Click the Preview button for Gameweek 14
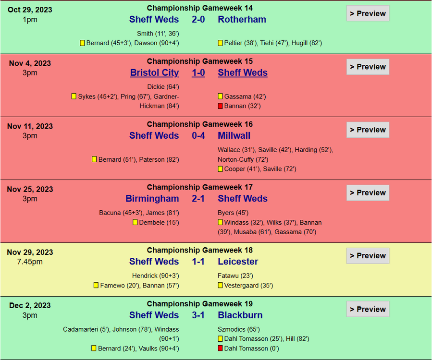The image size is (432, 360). [368, 13]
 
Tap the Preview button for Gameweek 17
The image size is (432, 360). [368, 192]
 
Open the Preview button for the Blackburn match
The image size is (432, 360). [368, 309]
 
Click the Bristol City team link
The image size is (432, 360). [154, 73]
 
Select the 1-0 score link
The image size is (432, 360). [198, 73]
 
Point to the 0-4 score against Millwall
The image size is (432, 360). [198, 136]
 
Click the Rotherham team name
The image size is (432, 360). [242, 20]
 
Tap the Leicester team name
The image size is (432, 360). [238, 262]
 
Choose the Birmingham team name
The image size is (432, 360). [152, 199]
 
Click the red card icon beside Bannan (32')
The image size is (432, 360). [220, 106]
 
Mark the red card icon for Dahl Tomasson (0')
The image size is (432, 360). [220, 348]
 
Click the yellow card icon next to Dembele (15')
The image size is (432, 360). [135, 223]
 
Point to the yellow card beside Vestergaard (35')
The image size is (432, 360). [220, 286]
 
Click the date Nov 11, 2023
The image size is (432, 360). [30, 126]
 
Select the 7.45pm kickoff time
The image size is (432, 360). [30, 262]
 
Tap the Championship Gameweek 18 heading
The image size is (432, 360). [199, 250]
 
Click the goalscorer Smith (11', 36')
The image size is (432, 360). [158, 34]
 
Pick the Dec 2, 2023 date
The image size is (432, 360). [30, 305]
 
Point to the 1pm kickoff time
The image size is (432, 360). [30, 20]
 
